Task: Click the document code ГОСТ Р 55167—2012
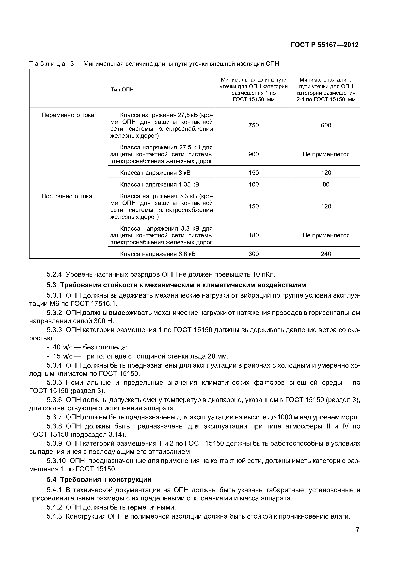[x=325, y=45]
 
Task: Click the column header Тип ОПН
[x=122, y=89]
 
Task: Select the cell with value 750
[x=253, y=125]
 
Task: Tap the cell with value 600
[x=326, y=125]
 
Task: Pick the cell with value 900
[x=253, y=154]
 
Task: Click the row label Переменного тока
[x=68, y=115]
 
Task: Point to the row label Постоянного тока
[x=67, y=196]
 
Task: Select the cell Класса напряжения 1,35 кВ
[x=159, y=185]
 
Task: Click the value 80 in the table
[x=326, y=185]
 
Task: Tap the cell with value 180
[x=253, y=235]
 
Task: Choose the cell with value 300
[x=253, y=254]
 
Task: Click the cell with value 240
[x=326, y=254]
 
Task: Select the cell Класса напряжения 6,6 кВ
[x=158, y=254]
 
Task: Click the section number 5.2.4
[x=54, y=274]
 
